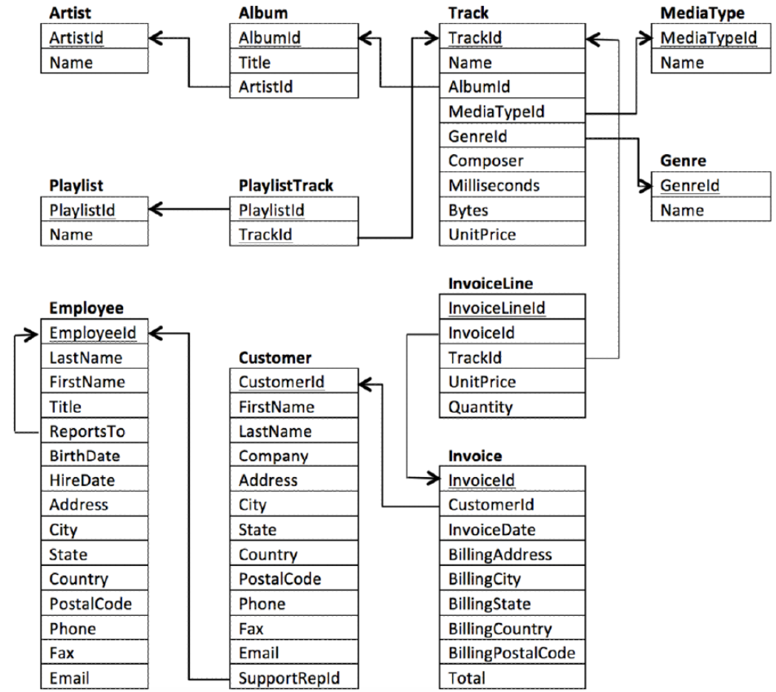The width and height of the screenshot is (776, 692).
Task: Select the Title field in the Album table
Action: (x=254, y=63)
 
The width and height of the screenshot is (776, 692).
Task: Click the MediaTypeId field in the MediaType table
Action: (x=708, y=38)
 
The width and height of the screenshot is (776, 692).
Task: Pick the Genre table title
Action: (x=683, y=161)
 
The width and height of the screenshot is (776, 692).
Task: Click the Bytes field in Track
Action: (x=468, y=210)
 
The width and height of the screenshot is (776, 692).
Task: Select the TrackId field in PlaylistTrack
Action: (x=265, y=235)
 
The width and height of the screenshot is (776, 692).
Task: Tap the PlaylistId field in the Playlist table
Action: (x=82, y=210)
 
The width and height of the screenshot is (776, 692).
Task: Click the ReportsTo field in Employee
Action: (x=87, y=431)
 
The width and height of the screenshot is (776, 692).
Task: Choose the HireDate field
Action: (x=82, y=480)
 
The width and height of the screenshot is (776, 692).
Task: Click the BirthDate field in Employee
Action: (x=84, y=456)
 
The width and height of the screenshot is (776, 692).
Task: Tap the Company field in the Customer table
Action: (x=273, y=456)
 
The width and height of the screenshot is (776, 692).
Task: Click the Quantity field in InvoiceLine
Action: (x=480, y=406)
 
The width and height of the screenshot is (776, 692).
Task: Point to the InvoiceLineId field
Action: (x=497, y=308)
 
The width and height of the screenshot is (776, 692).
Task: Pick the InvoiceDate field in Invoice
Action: (x=491, y=529)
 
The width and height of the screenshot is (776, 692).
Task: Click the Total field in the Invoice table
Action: (x=467, y=677)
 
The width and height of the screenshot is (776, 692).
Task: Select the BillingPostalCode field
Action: (x=511, y=653)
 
